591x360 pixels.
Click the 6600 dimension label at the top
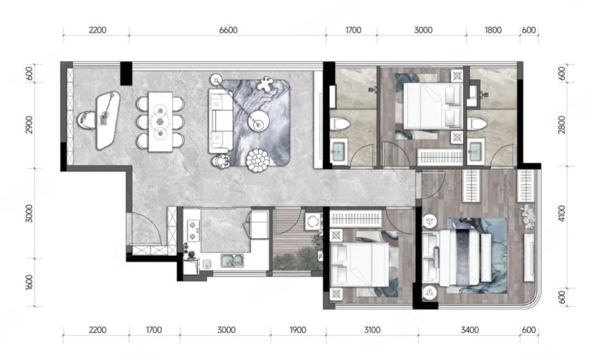pyautogui.click(x=228, y=30)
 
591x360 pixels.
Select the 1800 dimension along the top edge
pyautogui.click(x=493, y=30)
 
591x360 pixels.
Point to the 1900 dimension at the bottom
pyautogui.click(x=298, y=330)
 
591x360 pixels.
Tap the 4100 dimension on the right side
pyautogui.click(x=562, y=213)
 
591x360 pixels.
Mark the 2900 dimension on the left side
pyautogui.click(x=29, y=124)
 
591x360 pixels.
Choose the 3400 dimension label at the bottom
pyautogui.click(x=469, y=330)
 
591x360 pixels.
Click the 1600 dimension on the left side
pyautogui.click(x=29, y=282)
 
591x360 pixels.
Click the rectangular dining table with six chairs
pyautogui.click(x=160, y=122)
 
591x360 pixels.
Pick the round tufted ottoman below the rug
pyautogui.click(x=258, y=161)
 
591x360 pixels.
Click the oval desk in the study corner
pyautogui.click(x=108, y=120)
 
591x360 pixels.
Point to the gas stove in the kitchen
pyautogui.click(x=193, y=230)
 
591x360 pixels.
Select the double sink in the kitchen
pyautogui.click(x=232, y=261)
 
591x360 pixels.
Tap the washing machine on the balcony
pyautogui.click(x=312, y=222)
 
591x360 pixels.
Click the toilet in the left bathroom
pyautogui.click(x=340, y=124)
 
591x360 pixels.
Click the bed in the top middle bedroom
pyautogui.click(x=433, y=106)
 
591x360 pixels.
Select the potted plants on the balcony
pyautogui.click(x=298, y=257)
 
